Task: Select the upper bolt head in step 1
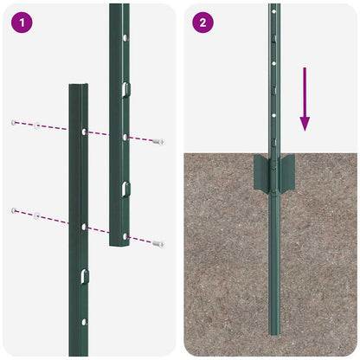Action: pos(157,141)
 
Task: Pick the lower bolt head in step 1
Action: pos(157,244)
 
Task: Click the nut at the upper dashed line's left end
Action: pos(14,123)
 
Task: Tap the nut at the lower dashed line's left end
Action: pos(14,210)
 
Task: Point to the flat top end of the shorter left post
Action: pos(79,86)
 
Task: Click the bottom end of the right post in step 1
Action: pos(119,244)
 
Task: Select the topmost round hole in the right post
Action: pos(125,38)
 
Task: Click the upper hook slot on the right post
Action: pos(125,87)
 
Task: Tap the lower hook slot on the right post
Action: pos(125,188)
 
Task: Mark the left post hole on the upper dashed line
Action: pos(84,132)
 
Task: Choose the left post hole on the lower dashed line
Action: pos(84,227)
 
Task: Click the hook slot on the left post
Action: pos(84,275)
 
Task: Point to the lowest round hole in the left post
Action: pos(84,323)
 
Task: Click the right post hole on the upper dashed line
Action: pos(125,137)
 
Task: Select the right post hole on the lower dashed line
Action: pos(125,236)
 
